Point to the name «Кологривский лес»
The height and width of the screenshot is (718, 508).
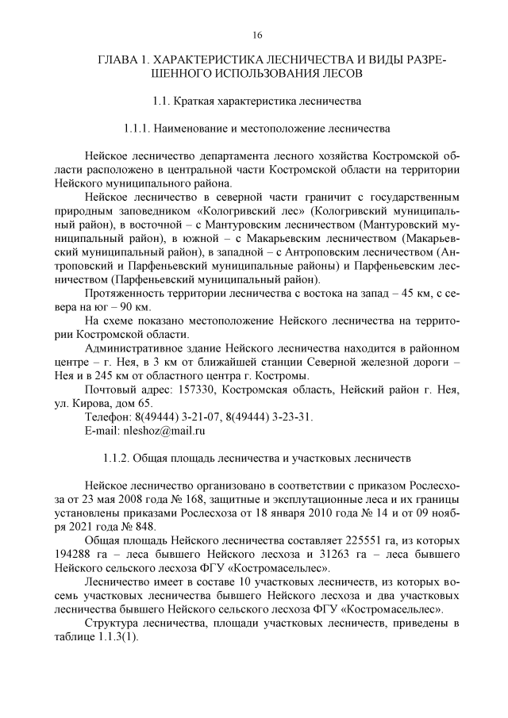[x=260, y=212]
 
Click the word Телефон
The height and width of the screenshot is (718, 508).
[x=107, y=417]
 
